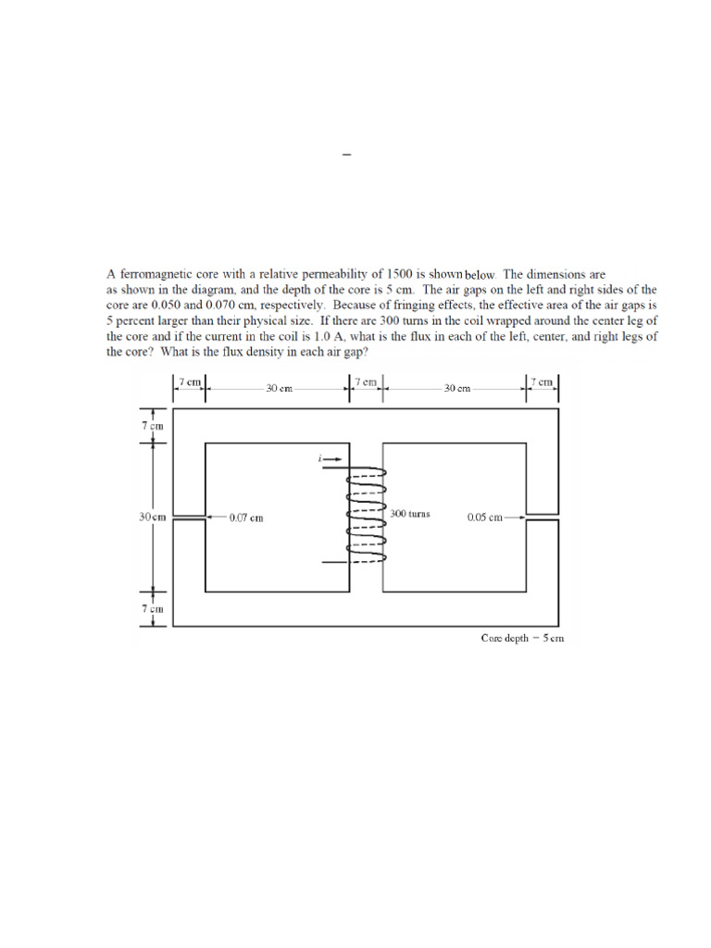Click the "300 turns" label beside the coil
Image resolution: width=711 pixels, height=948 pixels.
pos(409,512)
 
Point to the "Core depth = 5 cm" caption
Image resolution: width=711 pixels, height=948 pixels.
pos(522,638)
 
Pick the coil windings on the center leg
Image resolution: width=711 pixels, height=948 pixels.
pos(366,515)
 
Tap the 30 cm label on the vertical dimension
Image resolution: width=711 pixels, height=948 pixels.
pos(153,518)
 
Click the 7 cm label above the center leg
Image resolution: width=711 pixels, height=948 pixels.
pos(364,381)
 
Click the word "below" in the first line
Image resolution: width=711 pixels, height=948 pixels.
pos(480,275)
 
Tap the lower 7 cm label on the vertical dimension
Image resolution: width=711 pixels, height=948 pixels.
pos(153,608)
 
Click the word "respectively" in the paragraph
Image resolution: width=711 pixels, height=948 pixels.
pos(295,305)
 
